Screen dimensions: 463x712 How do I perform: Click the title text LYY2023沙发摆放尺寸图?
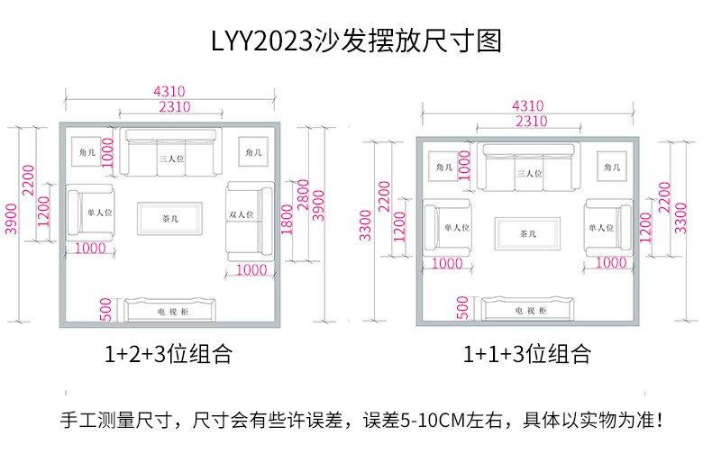pos(355,41)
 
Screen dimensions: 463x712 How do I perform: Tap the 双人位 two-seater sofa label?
pos(241,215)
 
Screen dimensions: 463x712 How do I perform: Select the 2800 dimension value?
pos(303,194)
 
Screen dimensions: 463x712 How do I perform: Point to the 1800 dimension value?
pos(288,218)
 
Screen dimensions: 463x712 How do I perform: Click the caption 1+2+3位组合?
pos(168,354)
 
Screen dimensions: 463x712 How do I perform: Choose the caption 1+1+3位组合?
pos(527,354)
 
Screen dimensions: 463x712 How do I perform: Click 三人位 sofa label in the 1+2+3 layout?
pos(170,158)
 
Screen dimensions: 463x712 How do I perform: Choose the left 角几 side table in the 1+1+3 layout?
pos(443,168)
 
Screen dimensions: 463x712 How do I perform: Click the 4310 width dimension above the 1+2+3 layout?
pos(169,91)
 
